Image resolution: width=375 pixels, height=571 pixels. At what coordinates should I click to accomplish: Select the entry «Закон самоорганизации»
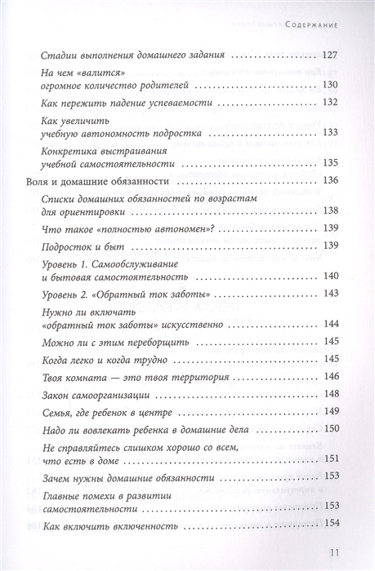(x=93, y=393)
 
